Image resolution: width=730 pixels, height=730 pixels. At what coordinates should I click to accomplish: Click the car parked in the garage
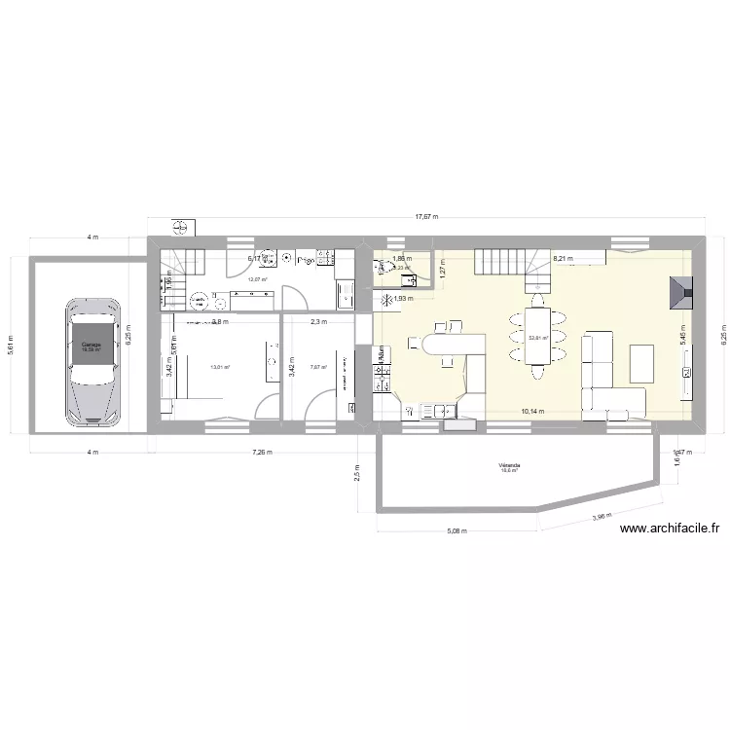(94, 362)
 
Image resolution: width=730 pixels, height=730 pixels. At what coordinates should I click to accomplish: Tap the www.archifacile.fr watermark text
(669, 529)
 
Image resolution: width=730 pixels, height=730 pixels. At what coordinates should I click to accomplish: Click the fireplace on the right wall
(682, 292)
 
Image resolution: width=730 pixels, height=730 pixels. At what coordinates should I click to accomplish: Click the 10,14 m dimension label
(533, 412)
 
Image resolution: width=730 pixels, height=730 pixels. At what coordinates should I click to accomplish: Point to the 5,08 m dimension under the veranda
(456, 531)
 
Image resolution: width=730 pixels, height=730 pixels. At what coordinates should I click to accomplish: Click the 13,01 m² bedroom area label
(220, 367)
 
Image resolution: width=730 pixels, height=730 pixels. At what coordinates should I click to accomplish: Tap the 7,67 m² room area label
(317, 367)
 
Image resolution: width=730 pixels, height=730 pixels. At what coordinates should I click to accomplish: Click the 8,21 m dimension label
(563, 259)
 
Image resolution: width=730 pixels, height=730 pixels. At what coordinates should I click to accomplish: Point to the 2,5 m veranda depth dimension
(358, 473)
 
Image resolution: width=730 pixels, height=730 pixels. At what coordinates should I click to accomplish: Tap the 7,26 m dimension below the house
(262, 453)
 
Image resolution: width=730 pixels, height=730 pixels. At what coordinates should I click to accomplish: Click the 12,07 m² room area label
(256, 279)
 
